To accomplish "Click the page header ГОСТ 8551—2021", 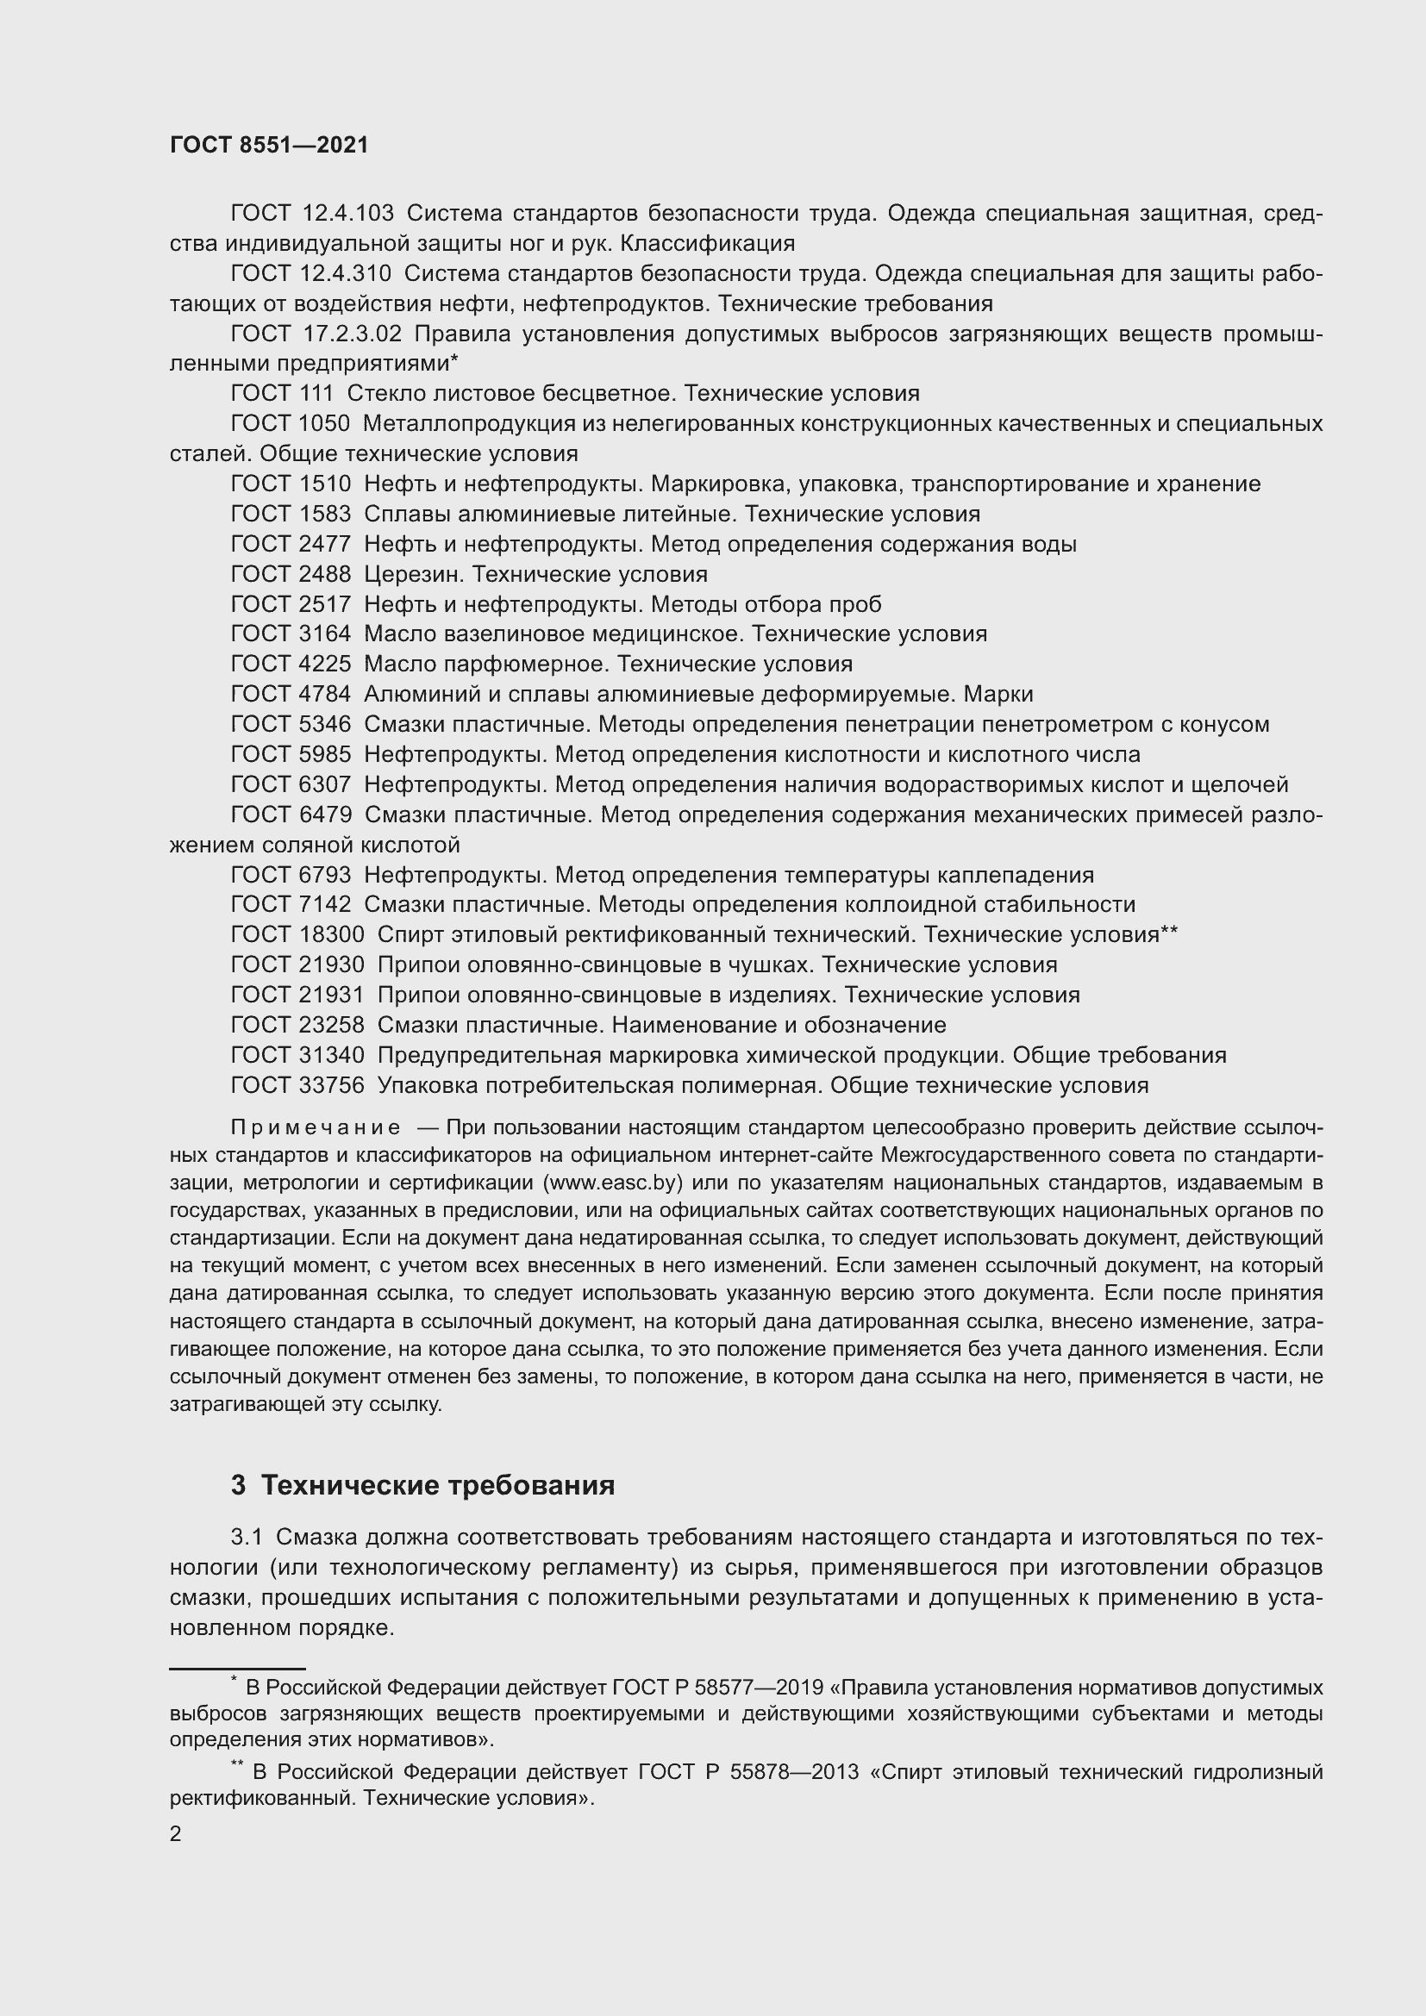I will click(x=269, y=146).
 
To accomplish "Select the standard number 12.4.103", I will click(x=347, y=214).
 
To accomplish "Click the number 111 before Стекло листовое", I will click(x=316, y=393).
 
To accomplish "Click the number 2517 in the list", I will click(x=324, y=604).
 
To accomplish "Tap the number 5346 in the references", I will click(x=324, y=724).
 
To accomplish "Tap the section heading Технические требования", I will click(x=437, y=1485).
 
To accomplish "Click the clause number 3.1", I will click(x=247, y=1537).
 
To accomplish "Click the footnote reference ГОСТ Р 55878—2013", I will click(x=748, y=1772).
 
